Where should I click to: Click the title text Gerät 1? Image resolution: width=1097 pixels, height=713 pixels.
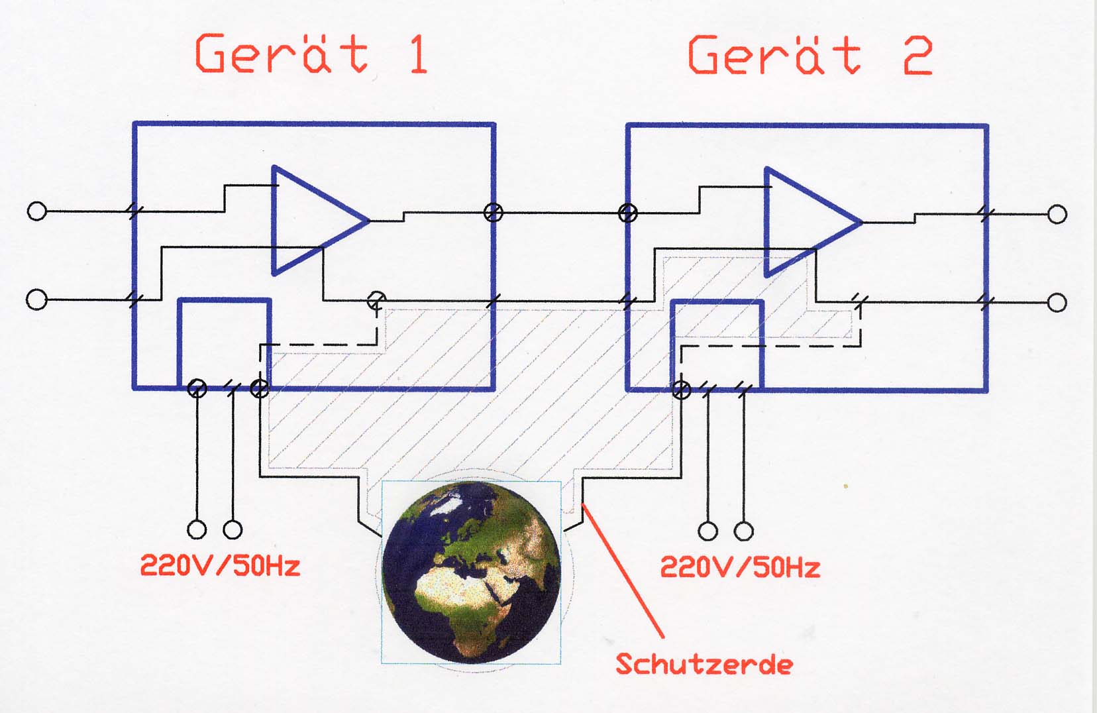point(311,54)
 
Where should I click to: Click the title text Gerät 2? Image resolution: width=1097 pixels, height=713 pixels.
point(811,55)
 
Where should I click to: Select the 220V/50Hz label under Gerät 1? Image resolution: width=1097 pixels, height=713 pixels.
point(220,566)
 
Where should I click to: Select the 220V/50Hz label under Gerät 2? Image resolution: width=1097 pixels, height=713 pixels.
point(740,567)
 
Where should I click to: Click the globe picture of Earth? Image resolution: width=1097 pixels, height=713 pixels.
point(471,573)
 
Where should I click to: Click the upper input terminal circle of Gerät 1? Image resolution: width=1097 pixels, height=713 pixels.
point(36,211)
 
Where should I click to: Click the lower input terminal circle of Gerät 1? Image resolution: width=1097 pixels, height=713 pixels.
point(36,300)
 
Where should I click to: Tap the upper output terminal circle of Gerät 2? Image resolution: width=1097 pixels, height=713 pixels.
point(1057,214)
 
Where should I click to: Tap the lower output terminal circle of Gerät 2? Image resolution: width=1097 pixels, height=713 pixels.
point(1057,302)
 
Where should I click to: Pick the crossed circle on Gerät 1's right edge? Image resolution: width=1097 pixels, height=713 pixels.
point(493,213)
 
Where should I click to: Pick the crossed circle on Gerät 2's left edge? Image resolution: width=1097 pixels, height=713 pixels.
point(628,213)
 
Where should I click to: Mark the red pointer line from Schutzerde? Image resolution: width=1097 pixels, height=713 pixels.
point(623,571)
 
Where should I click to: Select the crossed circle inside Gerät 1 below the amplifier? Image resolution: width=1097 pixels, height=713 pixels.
point(377,300)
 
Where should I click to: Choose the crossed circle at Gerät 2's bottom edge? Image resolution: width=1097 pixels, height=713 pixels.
point(681,390)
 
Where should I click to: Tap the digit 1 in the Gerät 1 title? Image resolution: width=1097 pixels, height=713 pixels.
point(419,54)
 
